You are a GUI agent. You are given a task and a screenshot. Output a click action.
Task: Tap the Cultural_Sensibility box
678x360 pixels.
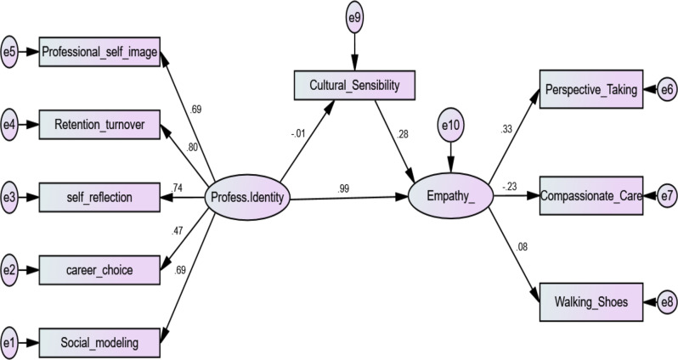(x=355, y=85)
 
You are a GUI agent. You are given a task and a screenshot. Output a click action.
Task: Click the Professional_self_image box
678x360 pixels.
(x=99, y=53)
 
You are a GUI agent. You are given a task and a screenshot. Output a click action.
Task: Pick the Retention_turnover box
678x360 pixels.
(x=99, y=126)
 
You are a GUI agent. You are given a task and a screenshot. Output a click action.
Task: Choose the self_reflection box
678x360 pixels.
(x=99, y=198)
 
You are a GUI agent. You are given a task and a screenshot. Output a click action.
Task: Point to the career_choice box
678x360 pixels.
(x=99, y=271)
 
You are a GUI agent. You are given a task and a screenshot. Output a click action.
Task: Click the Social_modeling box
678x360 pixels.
(x=99, y=343)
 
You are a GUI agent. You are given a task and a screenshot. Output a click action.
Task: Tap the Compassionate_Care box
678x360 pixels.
(x=592, y=195)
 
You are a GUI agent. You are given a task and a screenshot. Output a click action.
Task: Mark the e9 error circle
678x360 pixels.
(x=355, y=17)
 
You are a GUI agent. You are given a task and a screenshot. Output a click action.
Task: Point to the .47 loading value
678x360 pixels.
(x=178, y=230)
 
